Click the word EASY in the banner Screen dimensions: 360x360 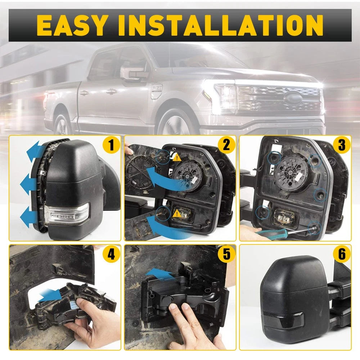(x=72, y=25)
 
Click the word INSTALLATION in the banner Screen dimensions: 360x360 (x=221, y=25)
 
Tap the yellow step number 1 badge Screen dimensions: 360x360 (x=111, y=145)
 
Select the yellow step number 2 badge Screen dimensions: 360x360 (x=226, y=145)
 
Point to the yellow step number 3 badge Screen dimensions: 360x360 (x=342, y=145)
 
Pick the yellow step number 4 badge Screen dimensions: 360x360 (x=111, y=254)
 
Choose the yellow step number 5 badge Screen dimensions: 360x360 (x=226, y=254)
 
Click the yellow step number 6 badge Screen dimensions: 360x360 (x=342, y=254)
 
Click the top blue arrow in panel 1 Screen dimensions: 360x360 (x=35, y=151)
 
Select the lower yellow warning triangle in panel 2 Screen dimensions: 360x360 (x=177, y=213)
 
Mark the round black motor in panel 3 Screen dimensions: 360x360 (x=291, y=170)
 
